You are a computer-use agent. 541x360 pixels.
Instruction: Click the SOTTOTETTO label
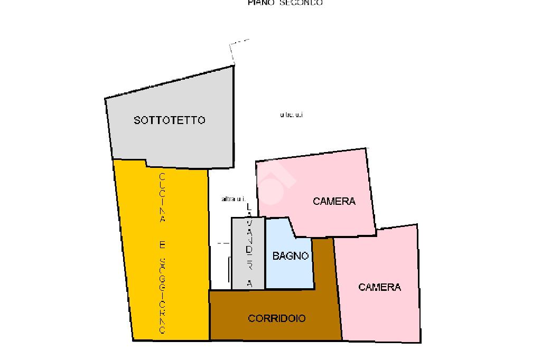point(169,120)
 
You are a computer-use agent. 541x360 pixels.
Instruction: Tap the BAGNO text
point(291,256)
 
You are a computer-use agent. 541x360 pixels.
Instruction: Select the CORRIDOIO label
point(276,318)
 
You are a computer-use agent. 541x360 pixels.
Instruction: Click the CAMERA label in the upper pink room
point(334,201)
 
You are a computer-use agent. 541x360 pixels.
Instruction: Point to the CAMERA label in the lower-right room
point(379,287)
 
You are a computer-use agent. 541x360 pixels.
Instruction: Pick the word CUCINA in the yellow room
point(163,197)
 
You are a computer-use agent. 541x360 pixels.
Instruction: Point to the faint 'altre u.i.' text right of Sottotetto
point(291,115)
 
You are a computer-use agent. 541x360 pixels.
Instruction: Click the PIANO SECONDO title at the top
point(285,3)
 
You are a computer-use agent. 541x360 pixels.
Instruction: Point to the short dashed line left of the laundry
point(223,243)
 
